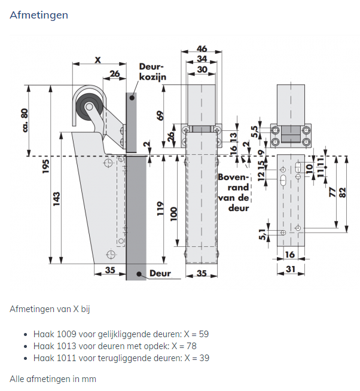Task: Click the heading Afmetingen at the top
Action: (39, 14)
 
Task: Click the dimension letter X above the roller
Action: (98, 60)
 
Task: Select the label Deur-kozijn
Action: (152, 72)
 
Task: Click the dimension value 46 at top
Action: (202, 49)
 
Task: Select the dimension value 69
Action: (160, 115)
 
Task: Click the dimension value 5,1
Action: (262, 234)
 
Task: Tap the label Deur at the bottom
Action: (160, 273)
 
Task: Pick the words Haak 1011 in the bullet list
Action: (51, 358)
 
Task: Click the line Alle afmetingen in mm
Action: (53, 379)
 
